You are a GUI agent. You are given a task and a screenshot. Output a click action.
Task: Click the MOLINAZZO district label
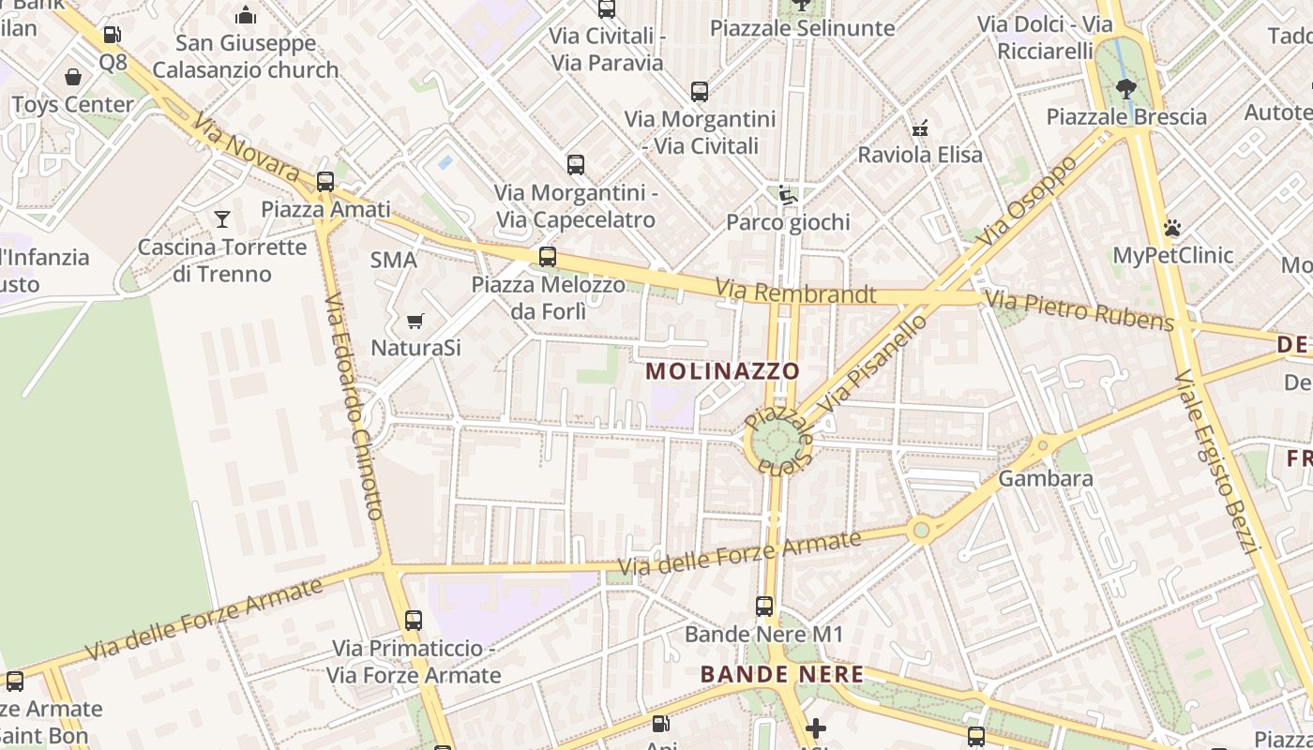pos(722,371)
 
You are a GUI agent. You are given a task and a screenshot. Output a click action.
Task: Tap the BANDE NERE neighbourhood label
pos(782,674)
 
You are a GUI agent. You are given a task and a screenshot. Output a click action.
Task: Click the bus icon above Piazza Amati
pos(325,181)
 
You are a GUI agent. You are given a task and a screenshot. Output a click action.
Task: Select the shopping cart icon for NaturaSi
pos(415,322)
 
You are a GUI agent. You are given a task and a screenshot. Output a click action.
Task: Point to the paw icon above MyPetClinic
pos(1172,228)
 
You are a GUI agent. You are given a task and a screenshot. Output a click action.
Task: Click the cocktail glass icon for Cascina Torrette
pos(222,219)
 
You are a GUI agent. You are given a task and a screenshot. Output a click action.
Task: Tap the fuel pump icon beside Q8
pos(113,36)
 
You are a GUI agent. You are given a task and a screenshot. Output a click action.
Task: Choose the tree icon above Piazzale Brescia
pos(1126,89)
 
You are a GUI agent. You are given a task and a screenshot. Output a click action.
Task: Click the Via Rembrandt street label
pos(795,293)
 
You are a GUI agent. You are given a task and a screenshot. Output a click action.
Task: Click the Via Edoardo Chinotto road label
pos(355,406)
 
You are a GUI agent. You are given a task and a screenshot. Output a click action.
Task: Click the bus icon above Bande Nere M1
pos(764,607)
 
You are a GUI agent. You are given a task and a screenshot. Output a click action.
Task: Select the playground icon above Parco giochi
pos(788,195)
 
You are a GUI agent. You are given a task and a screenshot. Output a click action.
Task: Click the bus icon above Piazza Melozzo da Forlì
pos(548,256)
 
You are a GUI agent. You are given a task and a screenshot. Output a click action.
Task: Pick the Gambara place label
pos(1046,478)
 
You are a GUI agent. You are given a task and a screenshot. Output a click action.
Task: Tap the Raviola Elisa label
pos(920,155)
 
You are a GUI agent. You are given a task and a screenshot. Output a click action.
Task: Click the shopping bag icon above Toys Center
pos(73,77)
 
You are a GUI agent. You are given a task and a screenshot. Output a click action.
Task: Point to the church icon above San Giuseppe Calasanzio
pos(246,15)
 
